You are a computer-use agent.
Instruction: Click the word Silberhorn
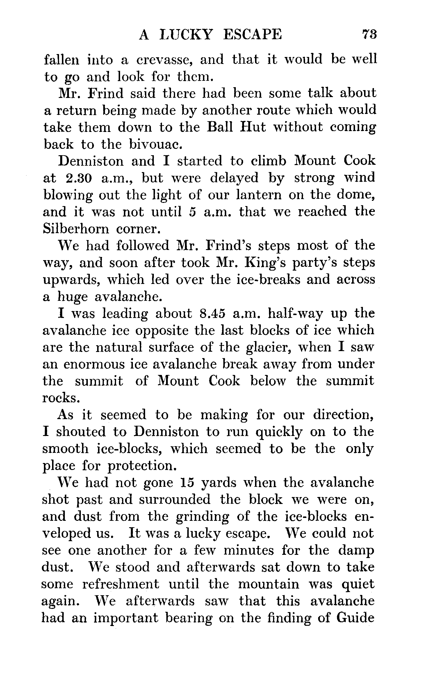(76, 229)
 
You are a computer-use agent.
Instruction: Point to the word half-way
(295, 314)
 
